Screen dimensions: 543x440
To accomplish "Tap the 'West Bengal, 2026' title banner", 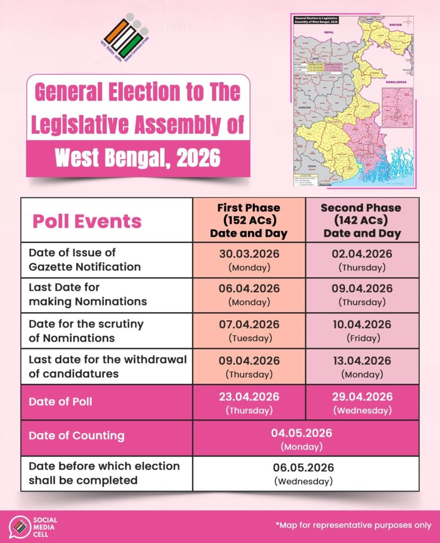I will (x=138, y=157).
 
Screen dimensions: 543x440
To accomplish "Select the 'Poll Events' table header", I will (x=87, y=221).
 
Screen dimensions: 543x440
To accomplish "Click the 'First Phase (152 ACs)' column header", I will (x=249, y=220).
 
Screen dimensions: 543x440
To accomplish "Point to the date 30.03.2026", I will (x=249, y=254).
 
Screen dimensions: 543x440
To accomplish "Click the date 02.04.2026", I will (x=362, y=254).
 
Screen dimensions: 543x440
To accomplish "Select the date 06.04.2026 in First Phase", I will (x=249, y=289).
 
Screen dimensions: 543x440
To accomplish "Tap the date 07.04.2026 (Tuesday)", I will (x=249, y=325).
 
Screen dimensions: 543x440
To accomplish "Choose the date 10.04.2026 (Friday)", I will (x=362, y=325).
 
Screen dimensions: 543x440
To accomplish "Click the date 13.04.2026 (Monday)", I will (x=362, y=361).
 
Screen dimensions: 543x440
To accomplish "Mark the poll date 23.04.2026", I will (x=249, y=397).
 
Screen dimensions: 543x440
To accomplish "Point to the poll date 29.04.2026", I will (x=362, y=397).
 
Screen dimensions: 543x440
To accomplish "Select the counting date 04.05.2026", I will (x=302, y=433).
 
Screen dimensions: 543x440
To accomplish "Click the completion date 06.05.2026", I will (x=304, y=468).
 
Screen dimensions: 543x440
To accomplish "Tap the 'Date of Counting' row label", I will (x=77, y=436).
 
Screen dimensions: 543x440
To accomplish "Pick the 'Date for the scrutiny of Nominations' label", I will (x=86, y=330).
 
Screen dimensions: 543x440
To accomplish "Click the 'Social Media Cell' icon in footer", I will (x=20, y=526).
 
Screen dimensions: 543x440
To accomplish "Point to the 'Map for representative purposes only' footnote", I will (x=354, y=525).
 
